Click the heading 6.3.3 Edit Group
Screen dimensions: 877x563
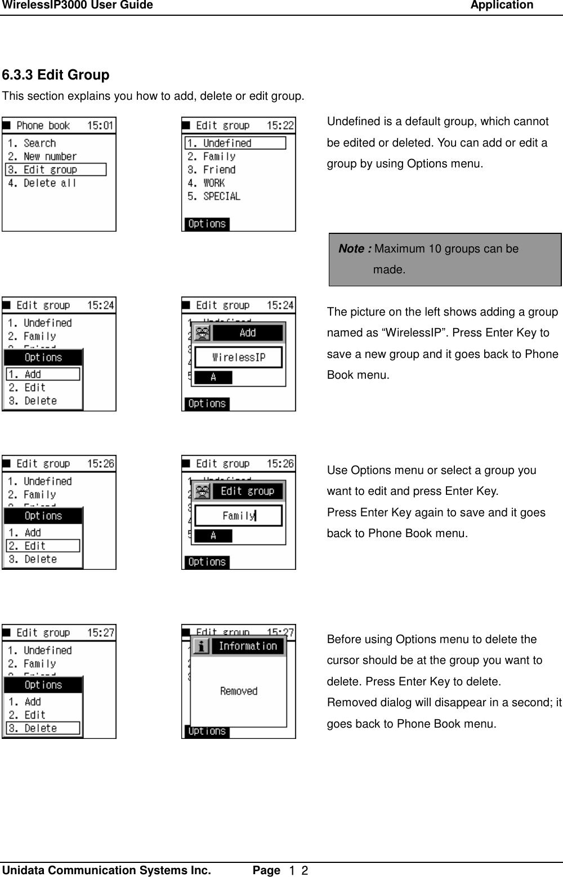click(56, 75)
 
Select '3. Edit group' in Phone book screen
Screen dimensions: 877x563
click(55, 170)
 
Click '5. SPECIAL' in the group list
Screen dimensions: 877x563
click(214, 196)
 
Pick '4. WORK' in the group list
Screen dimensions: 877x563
click(206, 183)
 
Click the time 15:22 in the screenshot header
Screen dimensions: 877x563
click(280, 125)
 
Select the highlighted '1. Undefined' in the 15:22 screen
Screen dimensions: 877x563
click(235, 143)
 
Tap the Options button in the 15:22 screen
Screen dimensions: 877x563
click(206, 224)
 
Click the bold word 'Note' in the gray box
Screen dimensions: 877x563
click(355, 249)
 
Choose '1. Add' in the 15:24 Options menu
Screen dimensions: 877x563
click(43, 374)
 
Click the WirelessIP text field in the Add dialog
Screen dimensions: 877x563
click(238, 357)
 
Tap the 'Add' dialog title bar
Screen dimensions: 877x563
click(248, 333)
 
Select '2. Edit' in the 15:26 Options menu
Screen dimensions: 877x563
click(43, 546)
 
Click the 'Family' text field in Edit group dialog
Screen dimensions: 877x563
click(238, 516)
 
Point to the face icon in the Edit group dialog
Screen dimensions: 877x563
click(202, 491)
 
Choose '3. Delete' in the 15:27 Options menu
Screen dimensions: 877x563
click(43, 728)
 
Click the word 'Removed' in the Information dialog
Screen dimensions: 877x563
click(239, 691)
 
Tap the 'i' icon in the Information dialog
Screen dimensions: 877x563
click(201, 646)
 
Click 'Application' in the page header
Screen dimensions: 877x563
click(502, 6)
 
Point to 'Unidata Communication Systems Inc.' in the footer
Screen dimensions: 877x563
click(107, 870)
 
